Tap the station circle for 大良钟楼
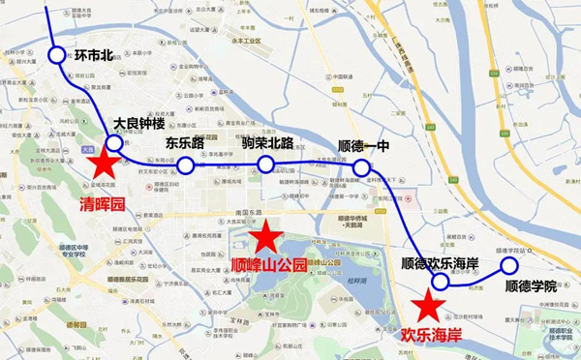pos(114,144)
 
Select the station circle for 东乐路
pos(185,165)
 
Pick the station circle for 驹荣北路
pos(265,165)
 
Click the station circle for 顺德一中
pos(361,168)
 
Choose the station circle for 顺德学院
pos(508,265)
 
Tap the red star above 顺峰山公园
pos(265,235)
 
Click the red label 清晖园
pos(104,205)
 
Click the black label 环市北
pos(97,55)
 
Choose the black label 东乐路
pos(187,144)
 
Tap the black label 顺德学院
pos(531,286)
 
